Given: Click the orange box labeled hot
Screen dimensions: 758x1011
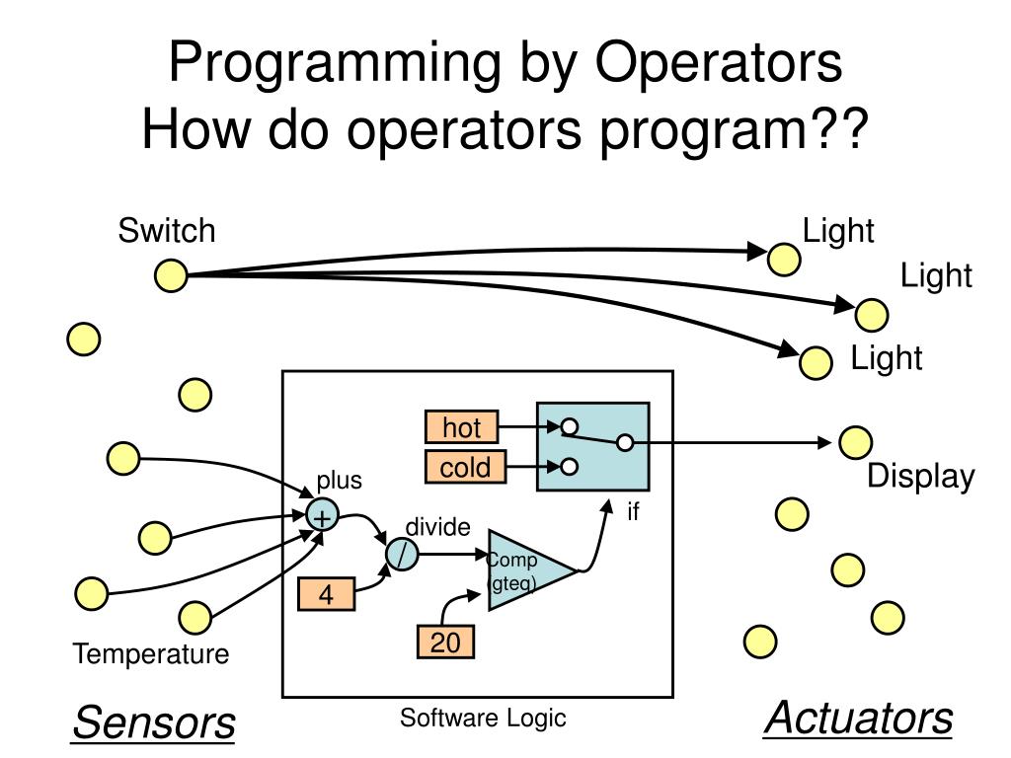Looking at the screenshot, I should point(462,427).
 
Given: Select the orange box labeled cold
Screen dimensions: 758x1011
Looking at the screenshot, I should point(465,467).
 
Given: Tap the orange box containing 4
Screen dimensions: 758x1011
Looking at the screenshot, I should point(325,595).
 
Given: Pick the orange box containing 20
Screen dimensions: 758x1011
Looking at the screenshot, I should point(444,643).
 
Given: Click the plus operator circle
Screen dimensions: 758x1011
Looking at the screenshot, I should point(321,516).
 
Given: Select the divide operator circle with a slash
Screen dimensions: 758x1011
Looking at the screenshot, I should point(402,556).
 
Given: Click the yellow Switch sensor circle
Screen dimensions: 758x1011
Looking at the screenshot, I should point(171,275).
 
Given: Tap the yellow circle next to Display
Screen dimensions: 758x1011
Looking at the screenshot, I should point(855,442).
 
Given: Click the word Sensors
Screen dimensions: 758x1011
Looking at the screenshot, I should point(154,723).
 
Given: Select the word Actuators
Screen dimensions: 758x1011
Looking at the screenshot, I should point(859,718).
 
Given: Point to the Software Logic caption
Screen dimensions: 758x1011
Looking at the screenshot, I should point(483,718).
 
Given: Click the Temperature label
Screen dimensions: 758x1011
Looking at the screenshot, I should point(151,653).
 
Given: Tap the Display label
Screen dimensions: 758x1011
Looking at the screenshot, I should point(920,477).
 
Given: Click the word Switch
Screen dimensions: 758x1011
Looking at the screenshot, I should point(166,231).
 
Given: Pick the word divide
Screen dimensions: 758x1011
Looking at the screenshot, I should point(437,527).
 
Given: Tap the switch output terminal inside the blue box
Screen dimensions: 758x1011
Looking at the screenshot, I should point(625,443).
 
